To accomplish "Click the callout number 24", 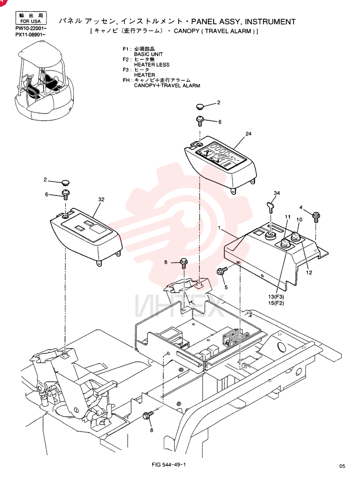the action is [248, 134].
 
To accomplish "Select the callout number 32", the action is [101, 199].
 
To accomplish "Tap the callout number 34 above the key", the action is [277, 193].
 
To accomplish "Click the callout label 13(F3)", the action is [276, 297].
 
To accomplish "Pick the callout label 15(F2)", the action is [276, 303].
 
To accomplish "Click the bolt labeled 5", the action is [221, 271].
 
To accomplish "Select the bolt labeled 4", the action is [316, 217].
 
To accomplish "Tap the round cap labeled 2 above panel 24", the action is [200, 107].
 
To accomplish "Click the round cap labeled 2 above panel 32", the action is [65, 182].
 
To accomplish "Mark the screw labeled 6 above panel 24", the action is [200, 120].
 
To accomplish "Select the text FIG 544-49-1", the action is [169, 465].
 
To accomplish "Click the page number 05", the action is [342, 466].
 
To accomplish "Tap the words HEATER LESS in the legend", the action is [152, 65].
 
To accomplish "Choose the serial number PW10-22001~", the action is [31, 28].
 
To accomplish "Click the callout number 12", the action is [309, 273].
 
